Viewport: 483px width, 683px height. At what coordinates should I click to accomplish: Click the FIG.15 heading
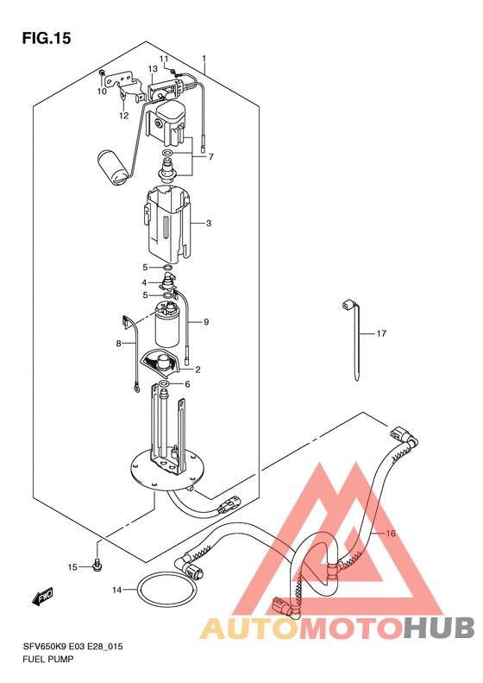point(46,38)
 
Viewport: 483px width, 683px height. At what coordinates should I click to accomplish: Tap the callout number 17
point(381,333)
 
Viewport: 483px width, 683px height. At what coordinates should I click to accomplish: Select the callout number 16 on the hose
point(391,533)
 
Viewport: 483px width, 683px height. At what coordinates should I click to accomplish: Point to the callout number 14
point(117,591)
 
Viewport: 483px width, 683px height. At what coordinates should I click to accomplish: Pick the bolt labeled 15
point(97,565)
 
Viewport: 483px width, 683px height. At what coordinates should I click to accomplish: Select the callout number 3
point(209,224)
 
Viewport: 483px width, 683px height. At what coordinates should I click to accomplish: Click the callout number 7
point(211,157)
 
